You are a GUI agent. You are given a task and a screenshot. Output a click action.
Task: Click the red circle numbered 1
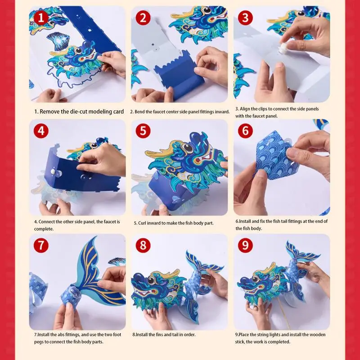pyautogui.click(x=41, y=18)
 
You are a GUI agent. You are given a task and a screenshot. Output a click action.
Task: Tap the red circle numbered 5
pyautogui.click(x=143, y=131)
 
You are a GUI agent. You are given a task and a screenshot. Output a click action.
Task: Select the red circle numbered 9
pyautogui.click(x=245, y=245)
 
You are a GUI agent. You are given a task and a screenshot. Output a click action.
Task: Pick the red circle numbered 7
pyautogui.click(x=41, y=245)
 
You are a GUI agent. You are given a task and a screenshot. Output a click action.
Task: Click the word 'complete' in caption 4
pyautogui.click(x=43, y=229)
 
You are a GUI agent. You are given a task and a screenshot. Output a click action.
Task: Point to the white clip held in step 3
pyautogui.click(x=284, y=48)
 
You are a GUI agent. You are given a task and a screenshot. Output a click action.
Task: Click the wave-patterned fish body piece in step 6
pyautogui.click(x=274, y=156)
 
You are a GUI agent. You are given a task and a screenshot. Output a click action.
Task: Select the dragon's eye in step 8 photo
pyautogui.click(x=151, y=280)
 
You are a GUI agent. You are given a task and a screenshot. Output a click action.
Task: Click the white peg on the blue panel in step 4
pyautogui.click(x=53, y=171)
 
